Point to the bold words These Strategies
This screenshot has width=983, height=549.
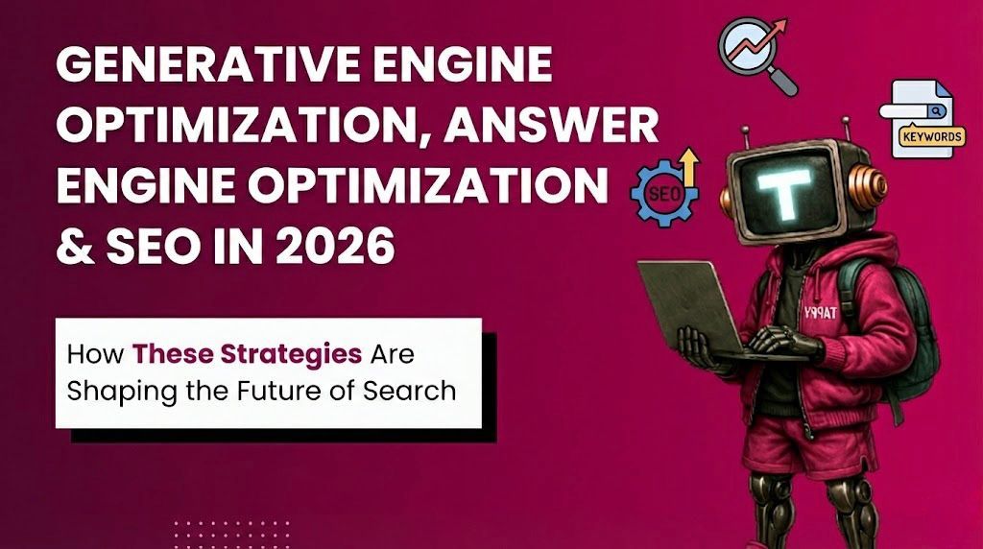coord(248,354)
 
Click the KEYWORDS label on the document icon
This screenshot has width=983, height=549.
coord(929,137)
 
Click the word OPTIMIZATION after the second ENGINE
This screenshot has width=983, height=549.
coord(459,188)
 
